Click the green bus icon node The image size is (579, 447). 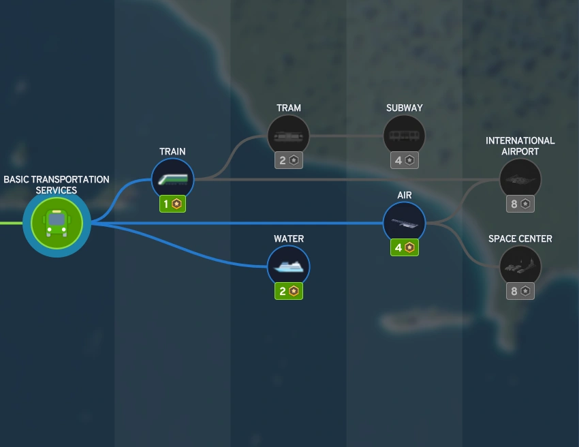57,223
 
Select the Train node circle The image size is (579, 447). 172,179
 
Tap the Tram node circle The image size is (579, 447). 288,136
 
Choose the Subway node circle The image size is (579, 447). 404,136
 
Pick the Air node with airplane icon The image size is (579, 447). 404,223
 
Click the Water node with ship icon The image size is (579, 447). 288,266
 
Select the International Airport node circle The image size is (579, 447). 520,179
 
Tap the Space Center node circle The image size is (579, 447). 520,266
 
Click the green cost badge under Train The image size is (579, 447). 173,204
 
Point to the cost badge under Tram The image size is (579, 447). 289,160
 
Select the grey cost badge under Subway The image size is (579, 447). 405,160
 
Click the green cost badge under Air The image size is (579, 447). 405,247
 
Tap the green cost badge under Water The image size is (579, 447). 289,291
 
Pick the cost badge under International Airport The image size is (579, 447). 520,204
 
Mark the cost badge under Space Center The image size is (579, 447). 520,291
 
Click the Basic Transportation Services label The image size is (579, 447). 57,185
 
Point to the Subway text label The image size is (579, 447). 404,108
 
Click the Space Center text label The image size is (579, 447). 520,238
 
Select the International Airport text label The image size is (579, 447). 520,146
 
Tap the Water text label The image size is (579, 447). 289,238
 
